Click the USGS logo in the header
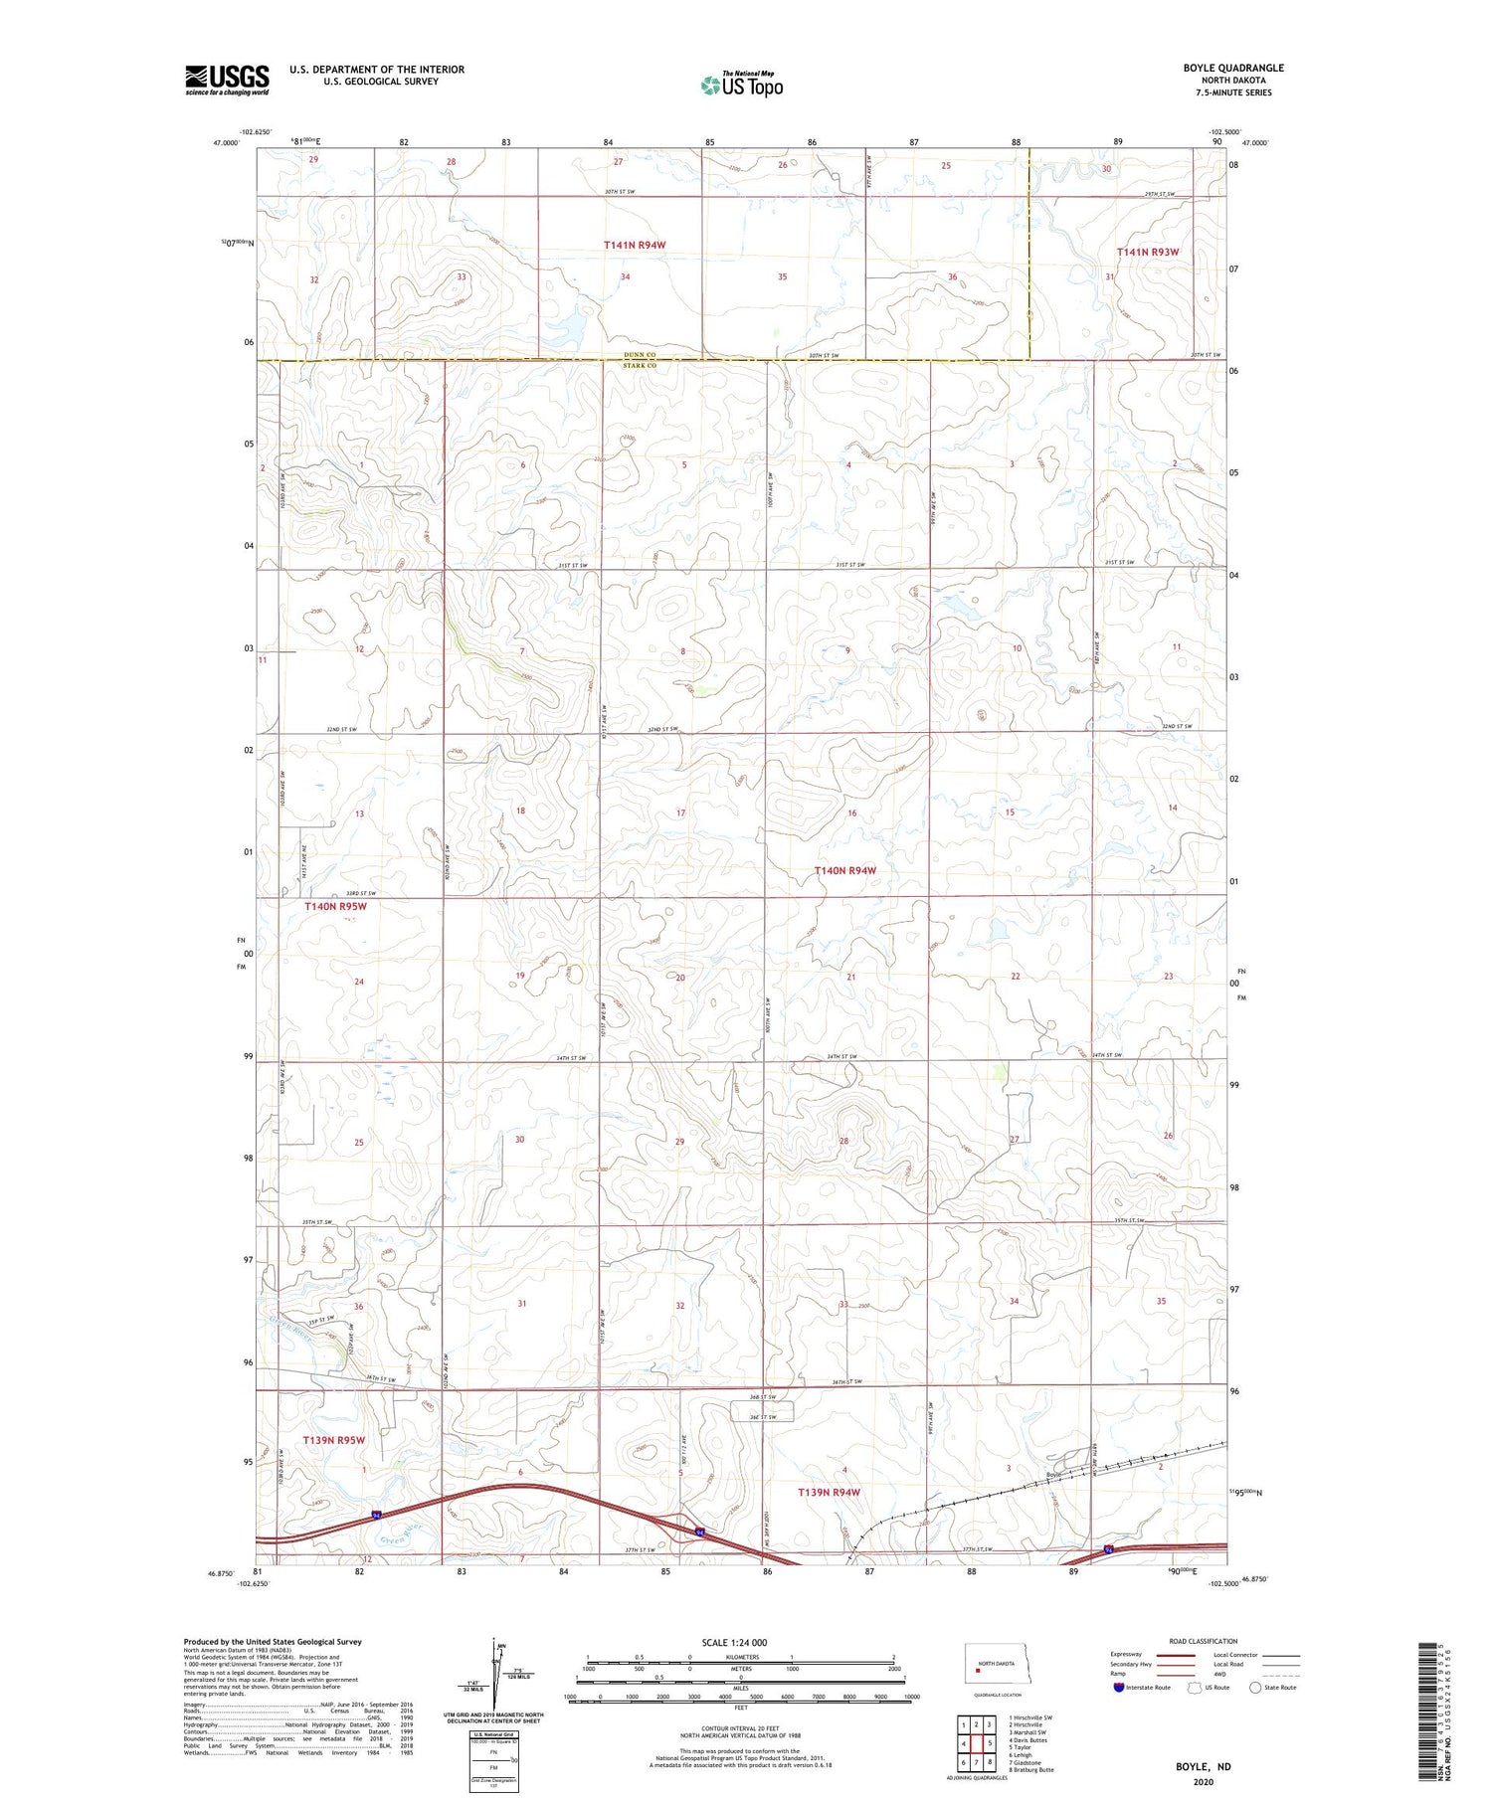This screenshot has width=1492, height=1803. (x=227, y=80)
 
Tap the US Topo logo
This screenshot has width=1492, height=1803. (x=741, y=86)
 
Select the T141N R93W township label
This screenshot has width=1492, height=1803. (x=1147, y=253)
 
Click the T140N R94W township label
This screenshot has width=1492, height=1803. (x=845, y=871)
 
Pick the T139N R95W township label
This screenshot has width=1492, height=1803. (x=334, y=1440)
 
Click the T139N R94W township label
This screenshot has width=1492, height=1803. (x=829, y=1493)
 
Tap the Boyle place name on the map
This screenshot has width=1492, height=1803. (x=1055, y=1475)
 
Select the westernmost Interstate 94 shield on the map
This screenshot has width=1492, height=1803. (x=377, y=1515)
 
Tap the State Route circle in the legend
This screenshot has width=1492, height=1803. (x=1255, y=1688)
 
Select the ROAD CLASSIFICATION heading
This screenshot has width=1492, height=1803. (x=1204, y=1641)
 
